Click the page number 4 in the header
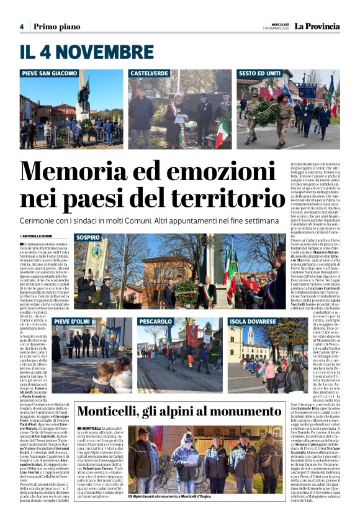(x=21, y=27)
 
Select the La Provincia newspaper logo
(x=317, y=26)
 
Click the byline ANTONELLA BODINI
(x=38, y=236)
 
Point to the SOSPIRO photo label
(x=88, y=237)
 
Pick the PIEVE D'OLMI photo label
(x=73, y=321)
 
